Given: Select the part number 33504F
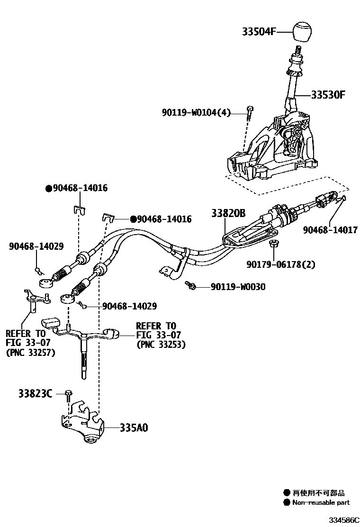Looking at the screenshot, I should (259, 32).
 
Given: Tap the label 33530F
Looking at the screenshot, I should (328, 94).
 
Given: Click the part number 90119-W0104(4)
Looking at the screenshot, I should (196, 112).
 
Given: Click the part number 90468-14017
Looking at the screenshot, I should (331, 230).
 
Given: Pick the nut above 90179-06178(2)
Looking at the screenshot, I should (272, 245).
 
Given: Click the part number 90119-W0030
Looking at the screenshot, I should (238, 287).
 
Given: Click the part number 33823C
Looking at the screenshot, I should (36, 393).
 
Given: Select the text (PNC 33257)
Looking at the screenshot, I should (30, 352).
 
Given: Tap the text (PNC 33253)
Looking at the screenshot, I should (161, 345).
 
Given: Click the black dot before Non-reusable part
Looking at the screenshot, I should (286, 502).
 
